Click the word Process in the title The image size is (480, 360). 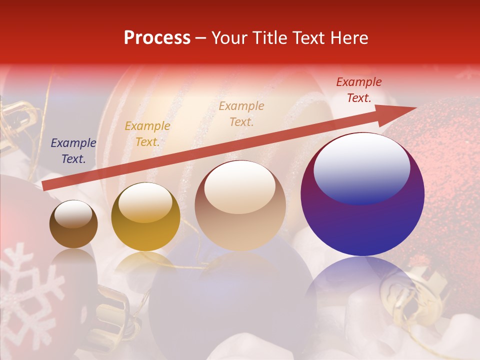click(x=157, y=38)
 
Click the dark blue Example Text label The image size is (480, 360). click(x=73, y=151)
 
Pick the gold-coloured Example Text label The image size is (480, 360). click(x=147, y=134)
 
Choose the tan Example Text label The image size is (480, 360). click(x=241, y=113)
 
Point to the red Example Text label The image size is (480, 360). click(x=359, y=90)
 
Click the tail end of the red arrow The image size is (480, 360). click(x=46, y=186)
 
